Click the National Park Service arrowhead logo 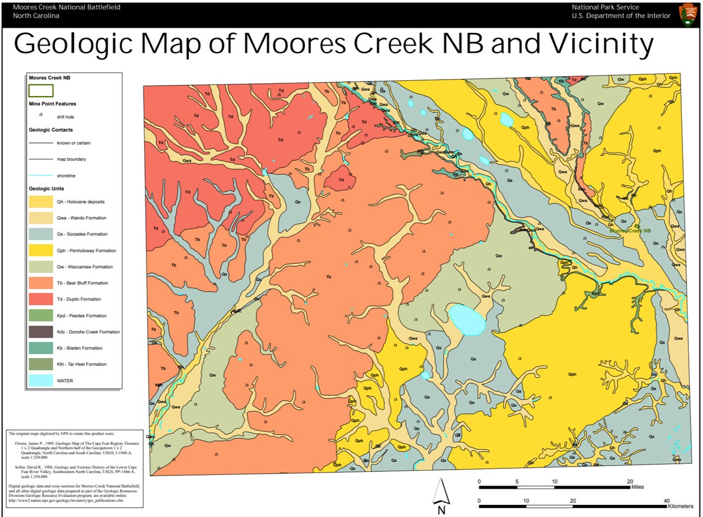tap(688, 13)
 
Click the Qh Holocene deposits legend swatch tap(41, 202)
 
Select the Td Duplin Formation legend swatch tap(41, 299)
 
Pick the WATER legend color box tap(41, 381)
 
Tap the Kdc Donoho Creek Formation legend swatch tap(41, 332)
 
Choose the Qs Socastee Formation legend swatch tap(41, 234)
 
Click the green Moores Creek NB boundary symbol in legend tap(41, 91)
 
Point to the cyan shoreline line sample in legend tap(40, 175)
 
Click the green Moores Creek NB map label tap(630, 231)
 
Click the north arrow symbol tap(441, 492)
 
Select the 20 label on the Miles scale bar tap(629, 481)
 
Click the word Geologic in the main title tap(81, 44)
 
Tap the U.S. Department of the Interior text tap(621, 16)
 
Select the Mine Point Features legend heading tap(52, 104)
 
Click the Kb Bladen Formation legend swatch tap(41, 348)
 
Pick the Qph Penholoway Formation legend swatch tap(41, 251)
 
